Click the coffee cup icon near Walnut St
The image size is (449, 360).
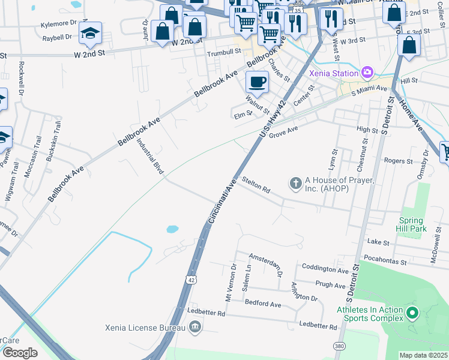coord(257,82)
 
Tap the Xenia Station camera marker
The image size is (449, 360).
coord(367,73)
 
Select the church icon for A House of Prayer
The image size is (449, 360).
coord(295,183)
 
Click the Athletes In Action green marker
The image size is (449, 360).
coord(412,313)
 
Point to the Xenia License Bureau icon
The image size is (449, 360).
coord(195,326)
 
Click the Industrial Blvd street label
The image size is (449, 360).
coord(150,157)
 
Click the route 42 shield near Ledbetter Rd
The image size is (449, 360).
coord(190,280)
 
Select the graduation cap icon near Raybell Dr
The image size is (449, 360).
coord(90,34)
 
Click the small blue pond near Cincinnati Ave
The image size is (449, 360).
coord(172,229)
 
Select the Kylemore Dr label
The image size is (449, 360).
coord(59,23)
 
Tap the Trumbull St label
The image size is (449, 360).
coord(223,53)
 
